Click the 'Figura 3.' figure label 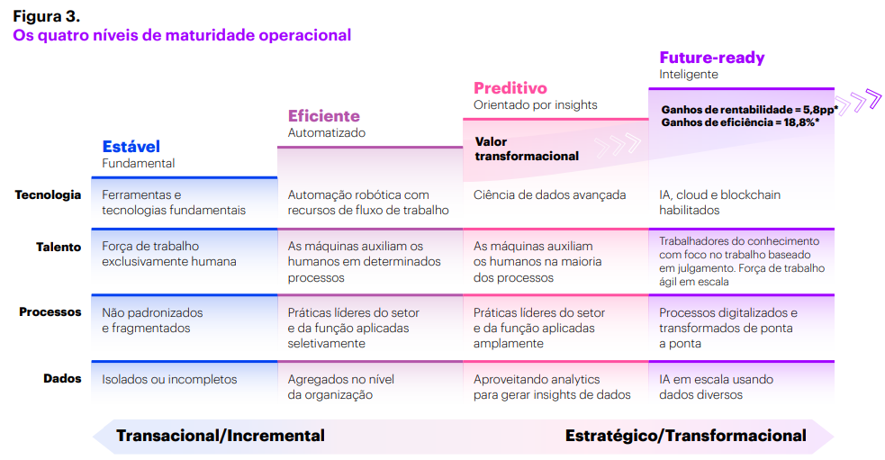click(x=47, y=15)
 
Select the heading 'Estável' click(x=131, y=147)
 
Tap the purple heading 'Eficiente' click(x=324, y=116)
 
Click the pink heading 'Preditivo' click(x=510, y=88)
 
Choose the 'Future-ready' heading click(x=712, y=58)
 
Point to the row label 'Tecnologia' click(x=48, y=194)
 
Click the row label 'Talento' click(x=59, y=247)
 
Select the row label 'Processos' click(x=50, y=312)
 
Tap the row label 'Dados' click(x=62, y=379)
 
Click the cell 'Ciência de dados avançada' click(x=549, y=195)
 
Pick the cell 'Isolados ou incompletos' click(x=169, y=380)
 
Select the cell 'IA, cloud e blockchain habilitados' click(x=719, y=203)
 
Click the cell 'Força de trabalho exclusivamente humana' click(x=169, y=254)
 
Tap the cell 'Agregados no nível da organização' click(x=341, y=387)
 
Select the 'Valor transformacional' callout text click(x=527, y=149)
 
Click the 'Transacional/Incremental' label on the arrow click(x=221, y=436)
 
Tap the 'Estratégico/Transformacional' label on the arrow click(x=685, y=436)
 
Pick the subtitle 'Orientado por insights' click(x=535, y=105)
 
